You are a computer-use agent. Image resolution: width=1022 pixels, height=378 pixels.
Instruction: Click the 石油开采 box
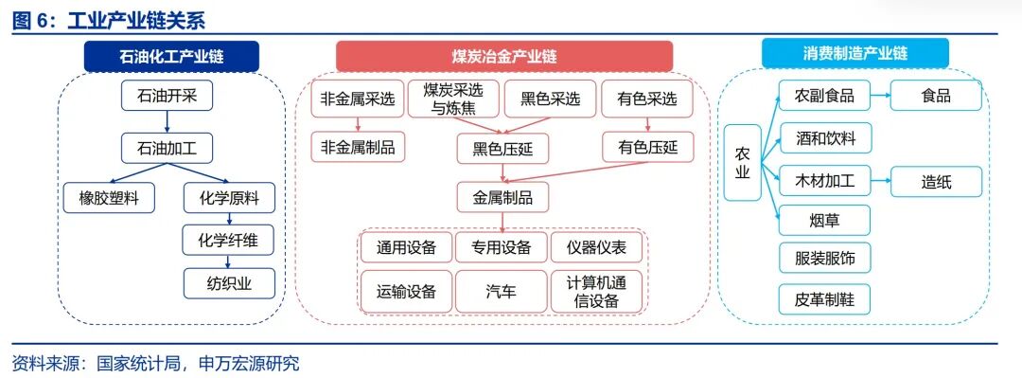tap(167, 95)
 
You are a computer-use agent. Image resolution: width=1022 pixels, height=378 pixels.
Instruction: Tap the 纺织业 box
tap(228, 282)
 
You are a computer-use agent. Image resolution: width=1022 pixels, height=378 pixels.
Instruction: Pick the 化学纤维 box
tap(228, 241)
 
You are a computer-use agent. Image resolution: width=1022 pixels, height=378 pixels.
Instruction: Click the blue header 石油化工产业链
tap(171, 56)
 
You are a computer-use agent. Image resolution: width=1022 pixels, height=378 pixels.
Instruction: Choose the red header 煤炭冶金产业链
tap(503, 56)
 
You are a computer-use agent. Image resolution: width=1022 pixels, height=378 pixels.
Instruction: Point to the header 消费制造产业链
tap(854, 53)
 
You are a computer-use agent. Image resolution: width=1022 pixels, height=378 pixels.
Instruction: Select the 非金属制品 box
tap(358, 147)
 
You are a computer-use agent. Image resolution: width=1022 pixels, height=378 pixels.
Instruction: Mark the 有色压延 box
tap(647, 147)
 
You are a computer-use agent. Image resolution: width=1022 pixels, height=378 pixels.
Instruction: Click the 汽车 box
tap(502, 292)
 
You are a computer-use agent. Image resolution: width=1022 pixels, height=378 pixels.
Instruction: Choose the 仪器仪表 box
tap(596, 248)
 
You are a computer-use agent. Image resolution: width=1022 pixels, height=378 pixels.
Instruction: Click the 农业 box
tap(742, 162)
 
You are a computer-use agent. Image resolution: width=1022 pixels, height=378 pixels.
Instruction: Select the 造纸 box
tap(936, 181)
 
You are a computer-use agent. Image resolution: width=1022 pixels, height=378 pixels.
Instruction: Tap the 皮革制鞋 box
tap(824, 299)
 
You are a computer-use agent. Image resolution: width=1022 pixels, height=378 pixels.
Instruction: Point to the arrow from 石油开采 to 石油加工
tap(167, 120)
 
